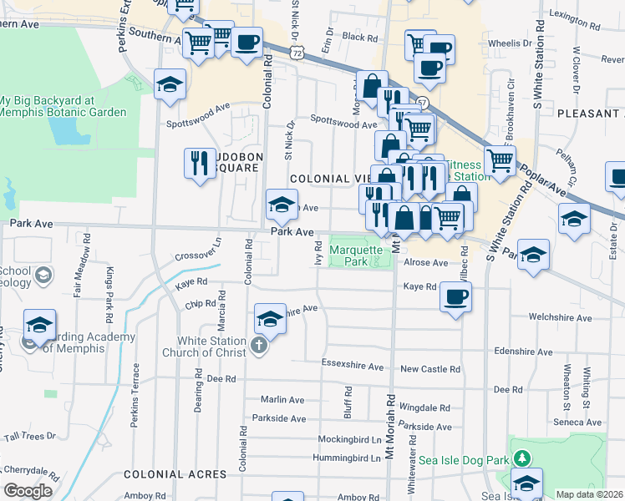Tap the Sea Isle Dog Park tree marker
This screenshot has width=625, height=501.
click(x=522, y=458)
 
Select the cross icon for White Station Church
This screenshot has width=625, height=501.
click(x=259, y=345)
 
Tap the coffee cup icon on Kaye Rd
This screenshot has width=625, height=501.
click(x=455, y=296)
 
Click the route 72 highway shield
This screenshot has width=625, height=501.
click(x=297, y=52)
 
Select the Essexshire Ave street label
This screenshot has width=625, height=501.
click(x=353, y=367)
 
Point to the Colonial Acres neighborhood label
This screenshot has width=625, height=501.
click(x=175, y=473)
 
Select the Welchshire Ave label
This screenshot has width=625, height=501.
click(x=560, y=318)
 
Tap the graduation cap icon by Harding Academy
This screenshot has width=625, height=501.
click(x=39, y=324)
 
